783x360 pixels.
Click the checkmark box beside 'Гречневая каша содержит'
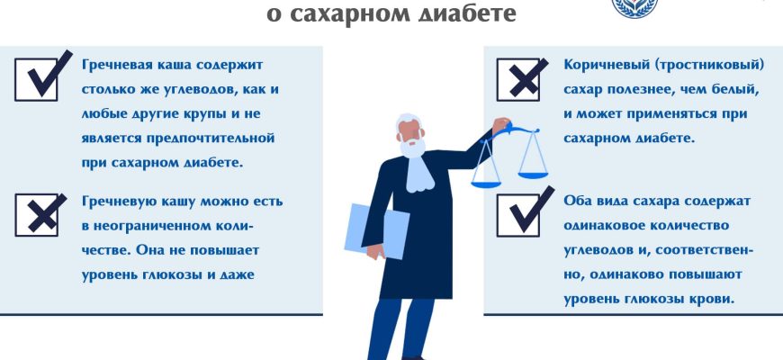click(x=37, y=79)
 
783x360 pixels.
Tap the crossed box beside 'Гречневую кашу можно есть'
click(x=37, y=215)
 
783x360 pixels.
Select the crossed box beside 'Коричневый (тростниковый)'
click(x=517, y=79)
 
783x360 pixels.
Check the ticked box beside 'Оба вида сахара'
click(x=517, y=215)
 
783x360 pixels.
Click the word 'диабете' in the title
click(x=466, y=13)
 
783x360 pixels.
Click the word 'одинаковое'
click(x=603, y=226)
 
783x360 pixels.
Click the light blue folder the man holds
click(x=376, y=230)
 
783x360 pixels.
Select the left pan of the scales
click(x=486, y=184)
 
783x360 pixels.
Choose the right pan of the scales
click(x=533, y=175)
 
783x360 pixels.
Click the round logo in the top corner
click(x=634, y=6)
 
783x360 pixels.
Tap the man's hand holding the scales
click(x=500, y=125)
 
